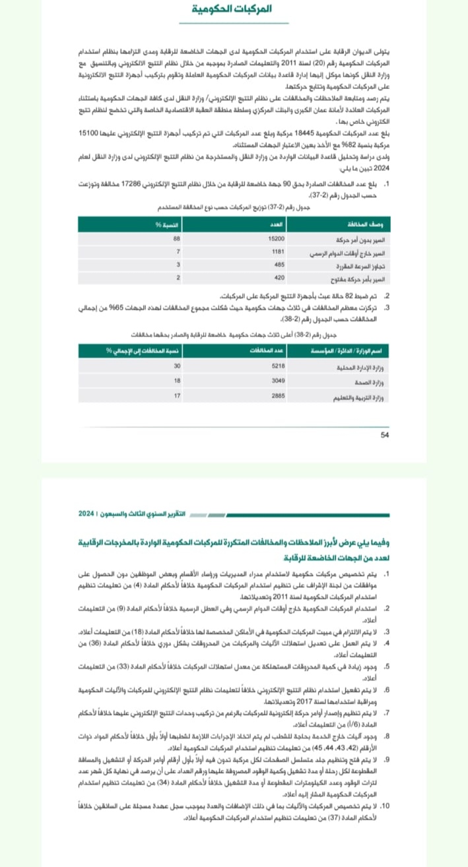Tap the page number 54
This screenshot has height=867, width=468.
(x=385, y=434)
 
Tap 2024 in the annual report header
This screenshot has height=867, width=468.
(x=86, y=513)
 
